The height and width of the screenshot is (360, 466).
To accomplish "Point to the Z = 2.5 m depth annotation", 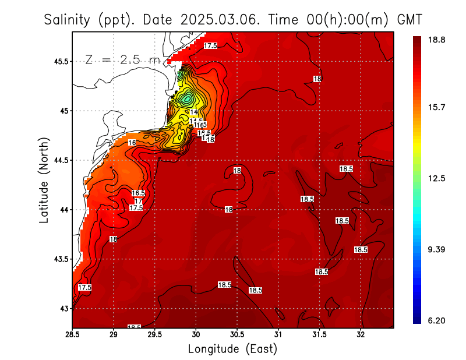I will (x=122, y=59).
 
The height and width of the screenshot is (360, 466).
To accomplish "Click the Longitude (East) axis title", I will (x=232, y=349).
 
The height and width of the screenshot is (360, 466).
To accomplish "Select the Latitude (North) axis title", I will (x=44, y=180).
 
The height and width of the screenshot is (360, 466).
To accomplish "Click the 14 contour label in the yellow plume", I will (x=194, y=112).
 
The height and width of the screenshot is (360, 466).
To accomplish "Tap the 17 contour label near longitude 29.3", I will (x=138, y=201).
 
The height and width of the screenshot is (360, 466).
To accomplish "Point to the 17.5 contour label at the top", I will (x=210, y=45).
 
